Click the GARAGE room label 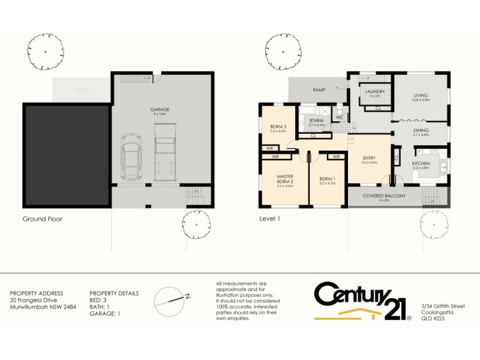coord(160,110)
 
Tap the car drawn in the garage coord(131,158)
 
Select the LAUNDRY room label coord(376,92)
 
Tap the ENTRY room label coord(369,158)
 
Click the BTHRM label coord(316,121)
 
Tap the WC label coord(340,117)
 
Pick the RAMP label coord(319,90)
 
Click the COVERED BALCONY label coord(385,196)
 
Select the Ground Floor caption coord(42,219)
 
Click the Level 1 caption coord(269,219)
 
